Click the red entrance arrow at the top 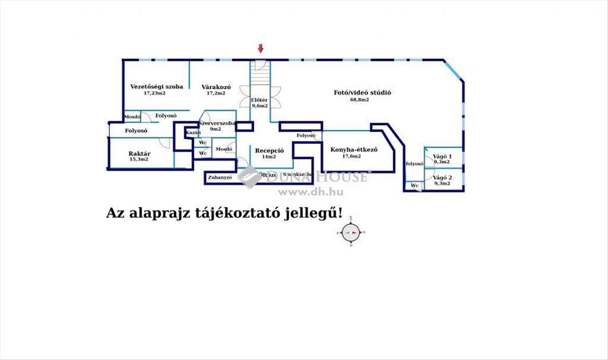click(x=260, y=49)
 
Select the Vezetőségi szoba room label click(x=157, y=86)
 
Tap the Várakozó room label click(x=216, y=86)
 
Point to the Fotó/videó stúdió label click(x=362, y=93)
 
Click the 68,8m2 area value click(x=359, y=100)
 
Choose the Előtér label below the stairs click(x=259, y=100)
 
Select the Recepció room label click(x=269, y=151)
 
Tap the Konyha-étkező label click(x=354, y=150)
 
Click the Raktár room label click(x=139, y=153)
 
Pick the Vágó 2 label click(x=442, y=177)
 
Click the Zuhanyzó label click(x=219, y=178)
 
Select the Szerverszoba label click(x=217, y=123)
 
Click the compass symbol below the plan click(x=351, y=233)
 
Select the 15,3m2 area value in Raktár click(x=138, y=160)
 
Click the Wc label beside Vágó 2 click(x=414, y=186)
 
